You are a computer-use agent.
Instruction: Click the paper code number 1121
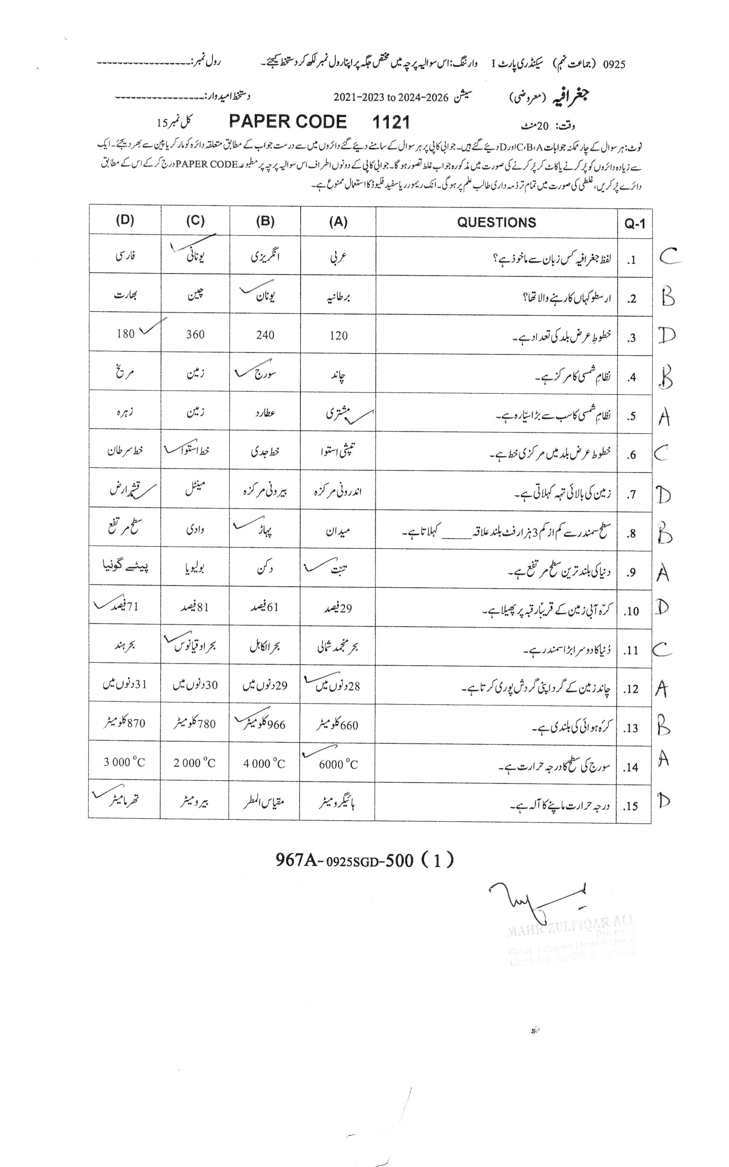click(391, 122)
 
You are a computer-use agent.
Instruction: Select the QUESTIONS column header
click(496, 222)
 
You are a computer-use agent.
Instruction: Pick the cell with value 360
click(195, 334)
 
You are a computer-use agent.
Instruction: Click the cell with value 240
click(265, 335)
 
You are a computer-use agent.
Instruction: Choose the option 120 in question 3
click(339, 335)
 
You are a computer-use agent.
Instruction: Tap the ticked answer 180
click(126, 333)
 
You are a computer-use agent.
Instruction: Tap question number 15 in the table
click(632, 806)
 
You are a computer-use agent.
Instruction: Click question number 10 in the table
click(632, 611)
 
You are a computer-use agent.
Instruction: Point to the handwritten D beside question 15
click(664, 801)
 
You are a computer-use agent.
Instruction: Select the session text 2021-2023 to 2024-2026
click(391, 97)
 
